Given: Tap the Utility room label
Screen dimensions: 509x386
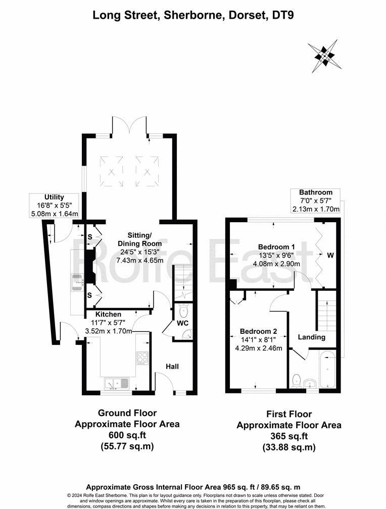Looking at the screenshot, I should click(x=54, y=197).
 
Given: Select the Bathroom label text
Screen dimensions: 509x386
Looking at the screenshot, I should click(x=315, y=192).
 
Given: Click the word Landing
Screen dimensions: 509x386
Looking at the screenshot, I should click(x=311, y=337).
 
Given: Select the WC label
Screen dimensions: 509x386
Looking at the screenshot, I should click(x=182, y=323).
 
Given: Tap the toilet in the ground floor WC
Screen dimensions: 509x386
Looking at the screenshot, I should click(x=183, y=309).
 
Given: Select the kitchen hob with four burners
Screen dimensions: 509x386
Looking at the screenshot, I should click(x=142, y=358).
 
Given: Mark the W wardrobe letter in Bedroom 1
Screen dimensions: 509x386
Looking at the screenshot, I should click(x=330, y=256).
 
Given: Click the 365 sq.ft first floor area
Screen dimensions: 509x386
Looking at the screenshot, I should click(x=288, y=436).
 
